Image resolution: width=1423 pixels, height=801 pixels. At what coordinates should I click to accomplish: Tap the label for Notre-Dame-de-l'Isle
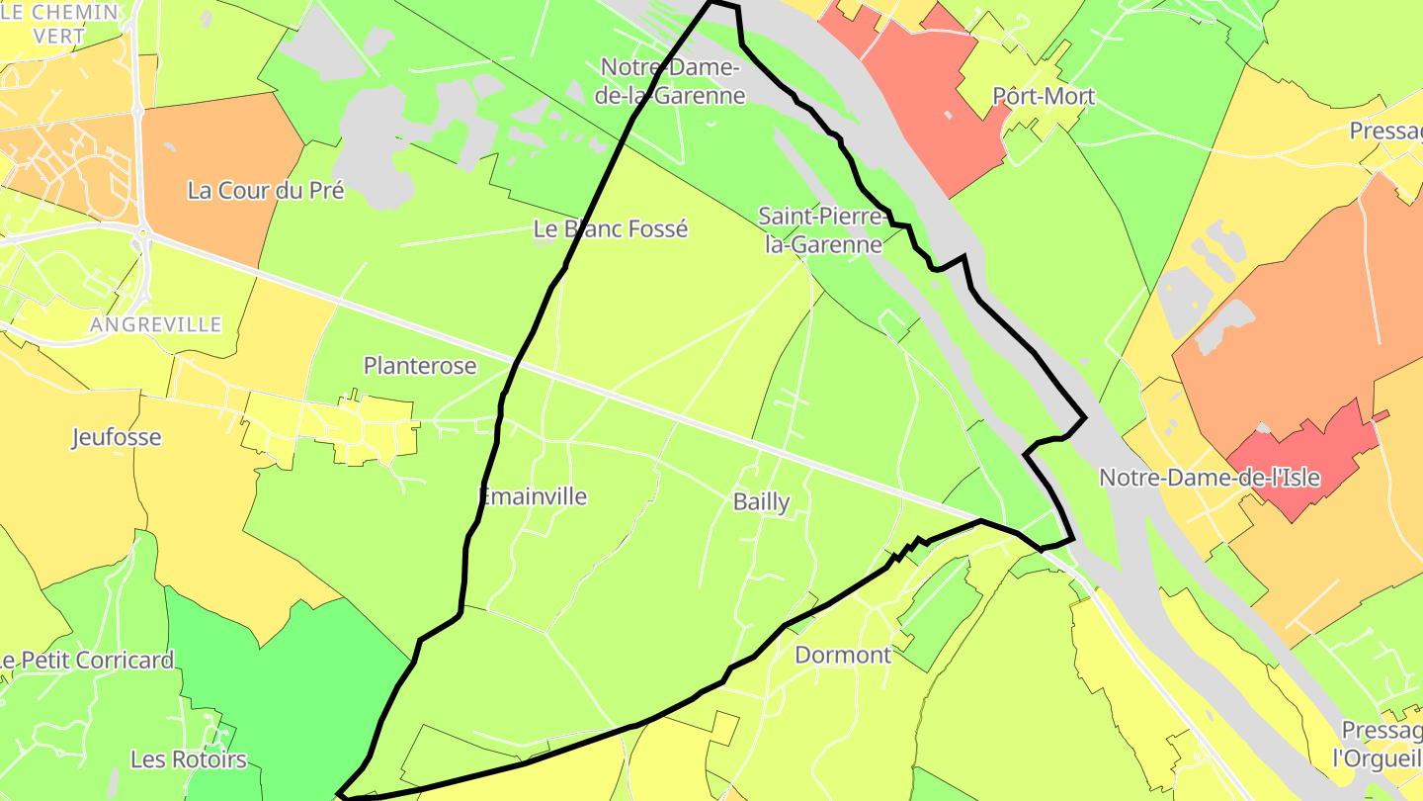1210,478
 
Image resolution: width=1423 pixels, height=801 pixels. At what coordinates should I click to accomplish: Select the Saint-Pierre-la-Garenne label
822,229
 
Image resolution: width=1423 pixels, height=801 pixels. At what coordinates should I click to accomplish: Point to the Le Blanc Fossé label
610,228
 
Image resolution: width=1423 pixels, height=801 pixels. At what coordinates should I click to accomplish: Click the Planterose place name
420,366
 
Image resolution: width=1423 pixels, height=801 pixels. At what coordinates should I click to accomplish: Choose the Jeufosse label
116,437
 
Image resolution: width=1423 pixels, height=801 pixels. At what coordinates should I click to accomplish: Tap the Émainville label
533,496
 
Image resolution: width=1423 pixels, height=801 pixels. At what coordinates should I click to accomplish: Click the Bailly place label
761,502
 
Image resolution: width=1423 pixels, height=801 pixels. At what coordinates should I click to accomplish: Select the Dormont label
843,655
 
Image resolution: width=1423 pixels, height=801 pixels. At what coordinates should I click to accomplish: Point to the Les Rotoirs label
189,759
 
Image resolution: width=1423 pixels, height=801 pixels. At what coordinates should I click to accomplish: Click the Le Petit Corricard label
87,660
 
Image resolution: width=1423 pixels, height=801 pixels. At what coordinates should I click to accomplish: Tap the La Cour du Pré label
266,191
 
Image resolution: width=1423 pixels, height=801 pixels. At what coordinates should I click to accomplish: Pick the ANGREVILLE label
155,324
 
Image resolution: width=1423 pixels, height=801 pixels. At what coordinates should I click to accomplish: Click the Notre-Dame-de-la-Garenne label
672,81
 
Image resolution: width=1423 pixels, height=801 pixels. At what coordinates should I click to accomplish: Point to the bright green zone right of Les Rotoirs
296,692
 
